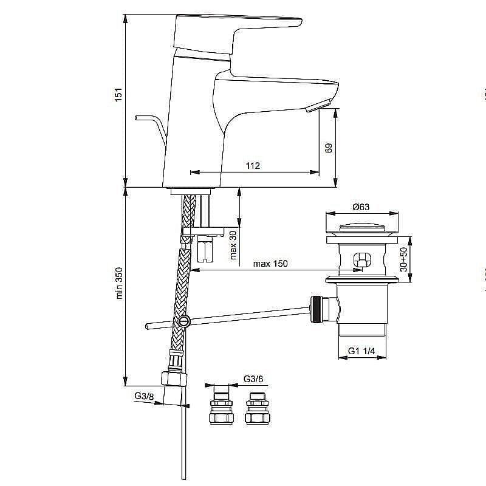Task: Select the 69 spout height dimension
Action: tap(329, 148)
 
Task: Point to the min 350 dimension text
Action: tap(120, 283)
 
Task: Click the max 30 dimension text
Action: tap(233, 245)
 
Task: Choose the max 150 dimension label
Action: tap(270, 264)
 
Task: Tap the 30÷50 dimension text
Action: tap(404, 258)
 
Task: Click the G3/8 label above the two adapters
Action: tap(253, 379)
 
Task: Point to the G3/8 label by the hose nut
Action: tap(144, 396)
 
